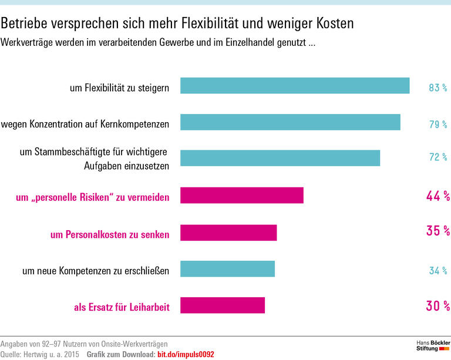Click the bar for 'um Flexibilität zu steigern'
coord(295,86)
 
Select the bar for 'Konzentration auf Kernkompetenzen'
coord(290,122)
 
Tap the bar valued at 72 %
coord(280,159)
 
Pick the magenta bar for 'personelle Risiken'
coord(242,196)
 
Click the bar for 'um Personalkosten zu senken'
coord(228,233)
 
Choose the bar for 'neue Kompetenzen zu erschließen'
coord(227,269)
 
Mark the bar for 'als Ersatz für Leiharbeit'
coord(223,305)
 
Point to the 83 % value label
coord(438,88)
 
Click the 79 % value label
coord(438,125)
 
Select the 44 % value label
coord(437,196)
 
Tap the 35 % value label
coord(437,231)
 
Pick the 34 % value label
coord(438,271)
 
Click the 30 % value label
coord(437,305)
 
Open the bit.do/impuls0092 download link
coord(186,354)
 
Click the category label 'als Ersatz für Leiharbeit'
coord(122,307)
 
